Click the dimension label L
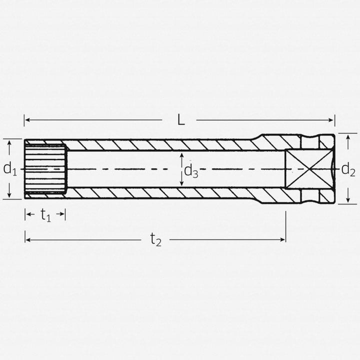click(181, 120)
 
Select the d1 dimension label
click(10, 169)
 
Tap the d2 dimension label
click(348, 170)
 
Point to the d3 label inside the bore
click(191, 171)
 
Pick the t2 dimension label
click(156, 240)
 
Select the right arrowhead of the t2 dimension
click(283, 240)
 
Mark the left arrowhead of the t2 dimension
click(27, 240)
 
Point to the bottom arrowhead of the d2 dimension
click(348, 201)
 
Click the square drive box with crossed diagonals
click(303, 169)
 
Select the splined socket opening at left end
click(45, 169)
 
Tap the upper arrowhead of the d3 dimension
click(182, 154)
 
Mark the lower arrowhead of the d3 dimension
click(182, 184)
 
